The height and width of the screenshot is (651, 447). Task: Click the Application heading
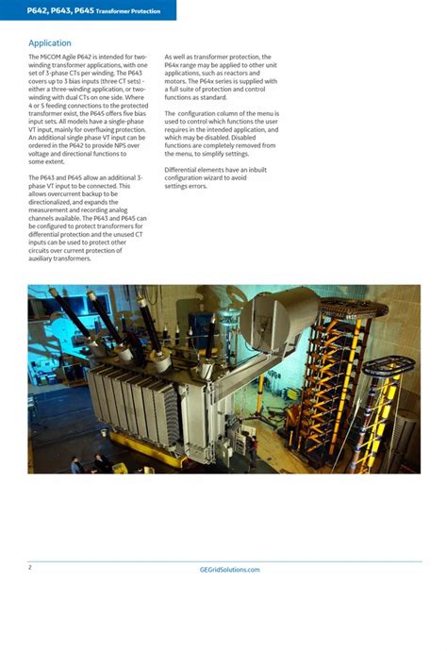tap(50, 43)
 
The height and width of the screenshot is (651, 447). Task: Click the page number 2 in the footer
tap(30, 567)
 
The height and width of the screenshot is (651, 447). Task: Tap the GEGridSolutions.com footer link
tap(230, 570)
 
